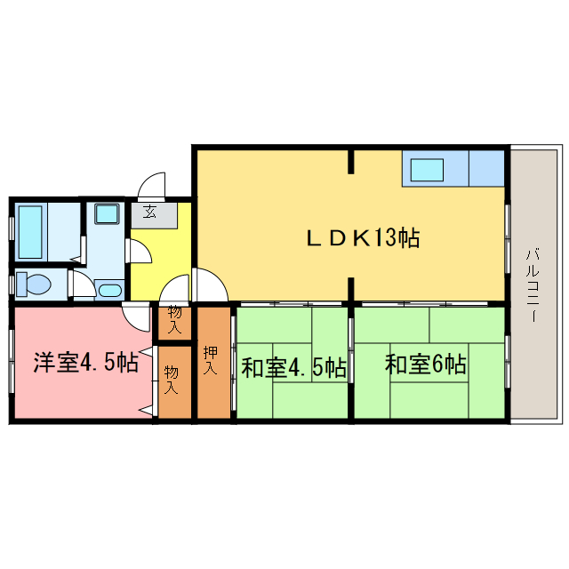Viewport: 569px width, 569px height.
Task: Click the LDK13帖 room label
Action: [363, 237]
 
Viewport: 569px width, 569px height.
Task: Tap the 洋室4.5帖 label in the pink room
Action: [85, 363]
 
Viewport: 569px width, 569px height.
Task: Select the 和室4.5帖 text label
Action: [293, 366]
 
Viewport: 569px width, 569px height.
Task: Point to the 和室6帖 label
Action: [426, 364]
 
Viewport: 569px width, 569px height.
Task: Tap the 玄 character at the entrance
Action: [149, 212]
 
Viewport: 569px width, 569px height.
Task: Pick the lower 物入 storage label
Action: [172, 381]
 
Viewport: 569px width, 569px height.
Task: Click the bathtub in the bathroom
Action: [29, 231]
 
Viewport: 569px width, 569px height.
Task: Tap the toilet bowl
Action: [35, 284]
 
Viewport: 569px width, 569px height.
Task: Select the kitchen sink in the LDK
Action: [426, 169]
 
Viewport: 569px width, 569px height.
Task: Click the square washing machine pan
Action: [108, 213]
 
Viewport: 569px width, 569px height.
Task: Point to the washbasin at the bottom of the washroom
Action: [110, 291]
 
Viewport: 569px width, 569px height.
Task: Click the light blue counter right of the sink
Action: [487, 168]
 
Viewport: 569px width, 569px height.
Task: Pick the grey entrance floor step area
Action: [160, 214]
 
